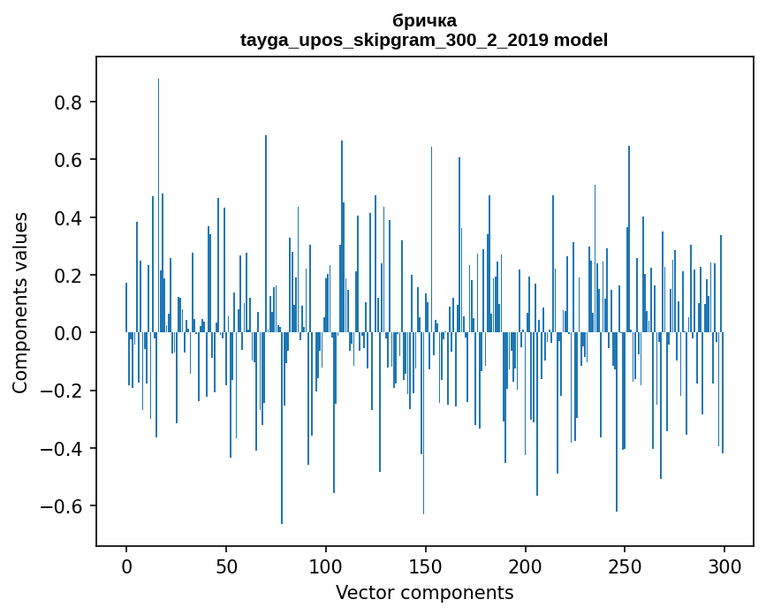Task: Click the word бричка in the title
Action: (x=424, y=20)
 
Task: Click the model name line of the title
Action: (x=424, y=40)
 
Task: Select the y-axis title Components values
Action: (x=20, y=302)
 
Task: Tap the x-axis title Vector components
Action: (x=424, y=592)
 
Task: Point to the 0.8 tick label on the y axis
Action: (x=69, y=102)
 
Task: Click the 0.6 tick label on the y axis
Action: (x=69, y=160)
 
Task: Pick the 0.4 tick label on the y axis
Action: (x=69, y=218)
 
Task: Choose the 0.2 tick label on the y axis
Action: (x=69, y=276)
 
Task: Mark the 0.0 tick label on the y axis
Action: (x=69, y=333)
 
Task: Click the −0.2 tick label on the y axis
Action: (x=64, y=391)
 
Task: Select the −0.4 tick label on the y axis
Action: (x=64, y=449)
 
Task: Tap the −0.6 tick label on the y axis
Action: (x=64, y=506)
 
